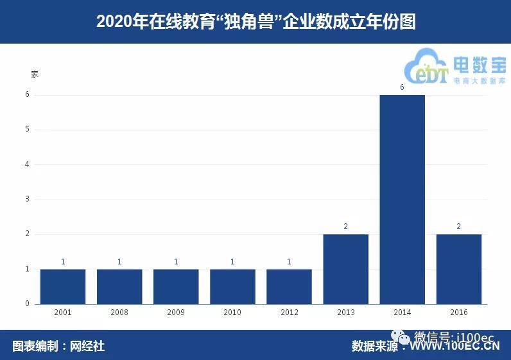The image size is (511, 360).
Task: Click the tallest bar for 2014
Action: pyautogui.click(x=402, y=199)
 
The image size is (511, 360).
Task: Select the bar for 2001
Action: pyautogui.click(x=63, y=286)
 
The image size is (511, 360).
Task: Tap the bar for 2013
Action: pyautogui.click(x=345, y=269)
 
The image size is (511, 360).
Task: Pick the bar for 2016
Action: pyautogui.click(x=458, y=269)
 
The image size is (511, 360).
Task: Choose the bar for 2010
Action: pyautogui.click(x=232, y=286)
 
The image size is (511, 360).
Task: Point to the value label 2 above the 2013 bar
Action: pyautogui.click(x=345, y=227)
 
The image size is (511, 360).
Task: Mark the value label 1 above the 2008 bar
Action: pyautogui.click(x=119, y=262)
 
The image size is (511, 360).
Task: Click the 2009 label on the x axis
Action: pyautogui.click(x=176, y=313)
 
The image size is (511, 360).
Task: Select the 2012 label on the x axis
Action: pyautogui.click(x=289, y=313)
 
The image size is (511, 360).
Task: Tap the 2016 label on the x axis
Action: pyautogui.click(x=458, y=313)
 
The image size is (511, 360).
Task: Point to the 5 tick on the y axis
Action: pyautogui.click(x=27, y=130)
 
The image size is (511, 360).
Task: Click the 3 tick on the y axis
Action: pyautogui.click(x=27, y=200)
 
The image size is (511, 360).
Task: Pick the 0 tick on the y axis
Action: pyautogui.click(x=27, y=304)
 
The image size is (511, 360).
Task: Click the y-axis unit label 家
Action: pyautogui.click(x=35, y=74)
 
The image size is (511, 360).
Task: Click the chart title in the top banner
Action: pyautogui.click(x=255, y=22)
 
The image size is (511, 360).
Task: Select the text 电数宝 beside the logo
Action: pyautogui.click(x=479, y=65)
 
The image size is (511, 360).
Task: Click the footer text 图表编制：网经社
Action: pyautogui.click(x=58, y=347)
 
